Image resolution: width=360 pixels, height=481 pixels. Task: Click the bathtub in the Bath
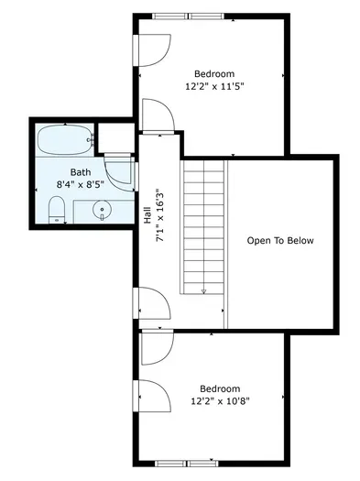click(x=65, y=140)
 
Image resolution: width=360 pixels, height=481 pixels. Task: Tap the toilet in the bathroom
click(x=57, y=210)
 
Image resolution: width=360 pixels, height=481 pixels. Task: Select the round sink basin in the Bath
click(x=102, y=209)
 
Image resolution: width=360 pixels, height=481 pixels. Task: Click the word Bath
click(x=81, y=172)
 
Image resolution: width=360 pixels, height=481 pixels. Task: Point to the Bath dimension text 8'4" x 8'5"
click(x=81, y=185)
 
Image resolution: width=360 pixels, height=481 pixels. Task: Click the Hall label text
click(x=147, y=215)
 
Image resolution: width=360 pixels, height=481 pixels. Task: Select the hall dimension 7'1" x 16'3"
click(x=160, y=215)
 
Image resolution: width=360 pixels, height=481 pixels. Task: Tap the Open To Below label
click(x=280, y=240)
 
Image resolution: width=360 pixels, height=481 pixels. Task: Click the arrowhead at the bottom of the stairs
click(x=204, y=291)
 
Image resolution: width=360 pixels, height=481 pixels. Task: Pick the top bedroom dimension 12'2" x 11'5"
click(x=214, y=86)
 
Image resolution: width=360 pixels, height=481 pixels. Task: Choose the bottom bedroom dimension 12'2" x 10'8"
click(x=220, y=401)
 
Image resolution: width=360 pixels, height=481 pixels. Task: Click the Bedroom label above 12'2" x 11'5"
click(x=214, y=73)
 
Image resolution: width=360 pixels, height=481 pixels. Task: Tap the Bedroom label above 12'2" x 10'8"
click(x=220, y=388)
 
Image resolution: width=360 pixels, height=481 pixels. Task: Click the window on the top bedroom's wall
click(x=188, y=16)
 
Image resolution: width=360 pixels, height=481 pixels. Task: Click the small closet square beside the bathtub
click(x=116, y=137)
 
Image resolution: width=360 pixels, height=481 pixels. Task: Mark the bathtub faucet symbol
click(x=91, y=140)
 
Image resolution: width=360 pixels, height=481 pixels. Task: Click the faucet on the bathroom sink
click(x=102, y=217)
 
